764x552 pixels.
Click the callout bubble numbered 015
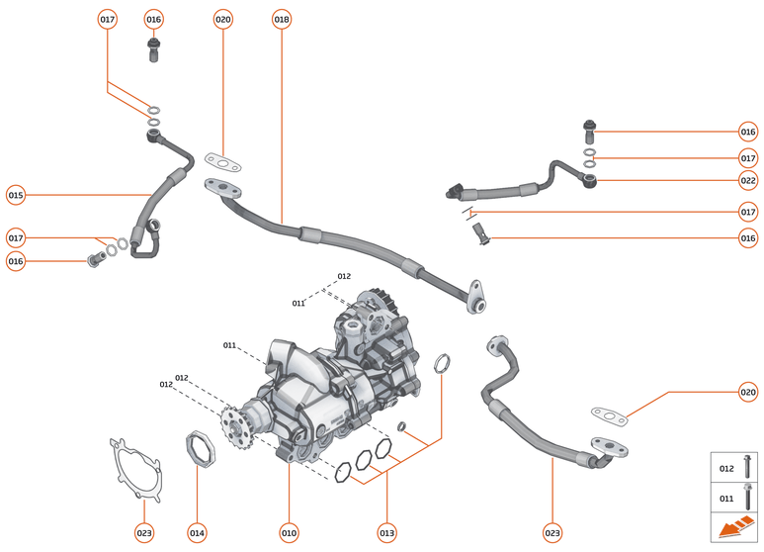click(15, 195)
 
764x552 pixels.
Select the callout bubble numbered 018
click(282, 19)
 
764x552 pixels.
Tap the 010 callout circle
click(289, 532)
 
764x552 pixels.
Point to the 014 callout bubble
click(197, 532)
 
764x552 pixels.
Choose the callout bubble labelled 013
click(386, 532)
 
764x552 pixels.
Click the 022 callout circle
click(747, 180)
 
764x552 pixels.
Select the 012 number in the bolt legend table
click(726, 469)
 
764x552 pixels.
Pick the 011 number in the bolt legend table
click(726, 499)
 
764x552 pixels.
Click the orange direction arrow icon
click(734, 529)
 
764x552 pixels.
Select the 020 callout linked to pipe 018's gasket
click(223, 19)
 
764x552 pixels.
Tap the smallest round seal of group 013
click(402, 426)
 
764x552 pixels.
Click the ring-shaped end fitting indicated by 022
click(590, 180)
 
